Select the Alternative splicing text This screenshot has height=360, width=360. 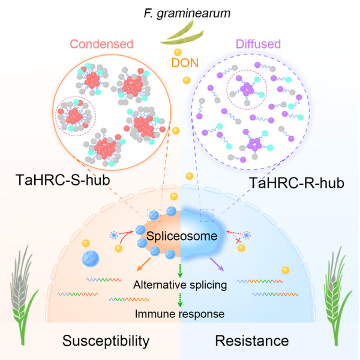180,284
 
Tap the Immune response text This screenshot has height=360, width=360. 180,313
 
